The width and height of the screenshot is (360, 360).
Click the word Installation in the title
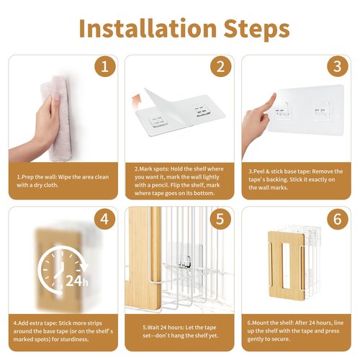click(x=148, y=28)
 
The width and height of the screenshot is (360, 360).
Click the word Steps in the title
click(x=256, y=30)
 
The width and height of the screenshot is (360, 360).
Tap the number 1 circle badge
click(x=105, y=66)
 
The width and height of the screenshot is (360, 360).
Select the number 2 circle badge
click(x=221, y=66)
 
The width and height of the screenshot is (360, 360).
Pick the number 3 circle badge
click(x=338, y=66)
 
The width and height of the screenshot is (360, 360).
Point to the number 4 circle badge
click(x=104, y=219)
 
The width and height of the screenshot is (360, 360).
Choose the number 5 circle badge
click(x=220, y=219)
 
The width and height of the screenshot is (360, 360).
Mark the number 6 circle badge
click(x=338, y=219)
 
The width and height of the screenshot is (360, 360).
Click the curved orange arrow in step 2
click(x=137, y=101)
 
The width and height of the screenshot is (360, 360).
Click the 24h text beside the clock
click(x=77, y=281)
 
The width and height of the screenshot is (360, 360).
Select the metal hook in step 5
click(x=184, y=261)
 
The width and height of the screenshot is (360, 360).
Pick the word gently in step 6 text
click(x=256, y=339)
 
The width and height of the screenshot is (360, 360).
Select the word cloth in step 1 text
click(x=51, y=185)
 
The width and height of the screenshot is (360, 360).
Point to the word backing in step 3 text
click(x=276, y=179)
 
